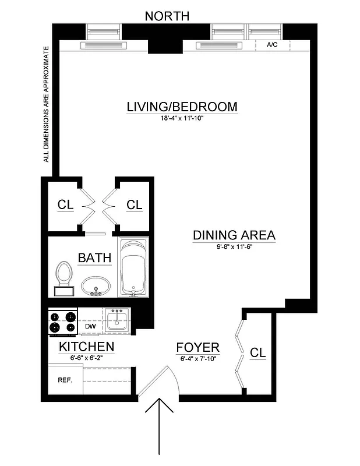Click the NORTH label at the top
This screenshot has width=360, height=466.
point(167,16)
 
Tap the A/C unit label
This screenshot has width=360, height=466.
point(271,45)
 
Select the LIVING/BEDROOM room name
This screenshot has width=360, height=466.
point(182,107)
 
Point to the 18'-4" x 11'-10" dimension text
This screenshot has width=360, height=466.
point(182,118)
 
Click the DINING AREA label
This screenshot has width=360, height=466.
point(234,235)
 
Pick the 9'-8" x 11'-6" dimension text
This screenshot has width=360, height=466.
point(234,246)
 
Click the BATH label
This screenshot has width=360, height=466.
point(94,257)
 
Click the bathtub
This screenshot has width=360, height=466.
point(135,267)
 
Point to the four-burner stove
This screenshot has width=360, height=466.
point(63,322)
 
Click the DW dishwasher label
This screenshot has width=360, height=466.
point(90,327)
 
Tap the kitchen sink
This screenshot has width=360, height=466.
point(118,320)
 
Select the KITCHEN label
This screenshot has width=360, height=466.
point(86,348)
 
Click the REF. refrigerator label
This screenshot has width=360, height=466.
point(64,380)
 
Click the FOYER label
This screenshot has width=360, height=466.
point(197,348)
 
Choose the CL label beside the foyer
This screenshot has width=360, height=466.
point(257,352)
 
